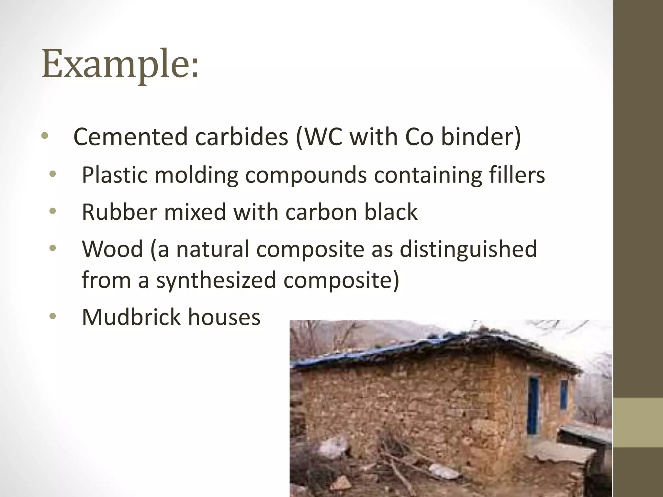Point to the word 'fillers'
click(x=517, y=175)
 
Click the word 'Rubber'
click(x=119, y=212)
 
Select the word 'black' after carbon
click(x=391, y=212)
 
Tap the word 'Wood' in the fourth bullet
click(x=112, y=249)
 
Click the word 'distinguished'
click(x=468, y=249)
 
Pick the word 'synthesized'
click(x=216, y=280)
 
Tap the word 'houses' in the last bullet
click(x=224, y=317)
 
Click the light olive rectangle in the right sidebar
click(x=638, y=423)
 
